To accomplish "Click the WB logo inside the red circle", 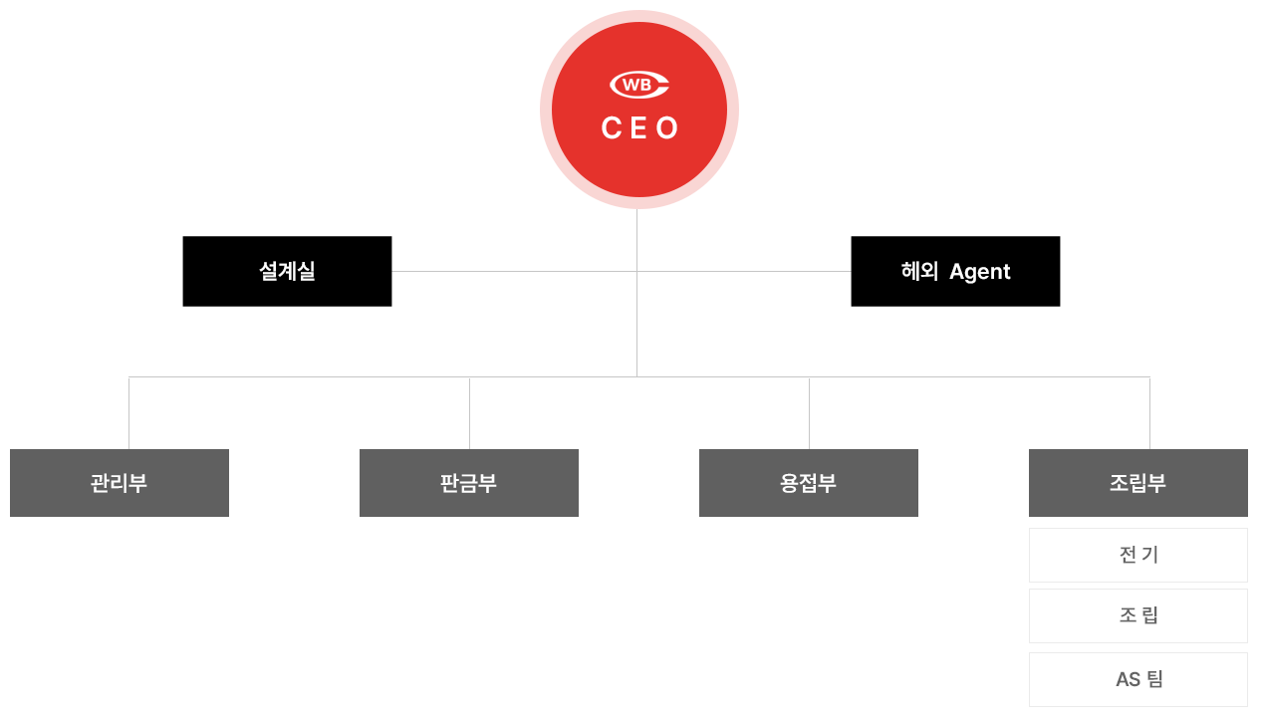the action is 638,85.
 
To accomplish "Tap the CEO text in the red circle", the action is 639,128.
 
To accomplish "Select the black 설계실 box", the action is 287,271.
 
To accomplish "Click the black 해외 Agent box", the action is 955,271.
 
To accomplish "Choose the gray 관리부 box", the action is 120,483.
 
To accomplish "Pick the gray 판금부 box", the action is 469,483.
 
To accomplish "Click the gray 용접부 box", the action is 809,483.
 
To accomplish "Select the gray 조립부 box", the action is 1138,483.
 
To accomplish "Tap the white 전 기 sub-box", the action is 1138,555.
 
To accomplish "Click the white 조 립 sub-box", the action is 1138,615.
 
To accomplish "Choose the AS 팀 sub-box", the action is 1138,679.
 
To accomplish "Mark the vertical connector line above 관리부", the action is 128,413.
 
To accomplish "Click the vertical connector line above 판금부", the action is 469,413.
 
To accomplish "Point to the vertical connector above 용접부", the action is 809,413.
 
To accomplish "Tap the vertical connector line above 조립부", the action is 1149,413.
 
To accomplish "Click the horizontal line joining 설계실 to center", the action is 514,271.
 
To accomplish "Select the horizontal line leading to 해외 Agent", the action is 744,271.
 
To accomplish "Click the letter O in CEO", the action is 667,128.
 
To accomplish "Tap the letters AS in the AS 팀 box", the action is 1128,679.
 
